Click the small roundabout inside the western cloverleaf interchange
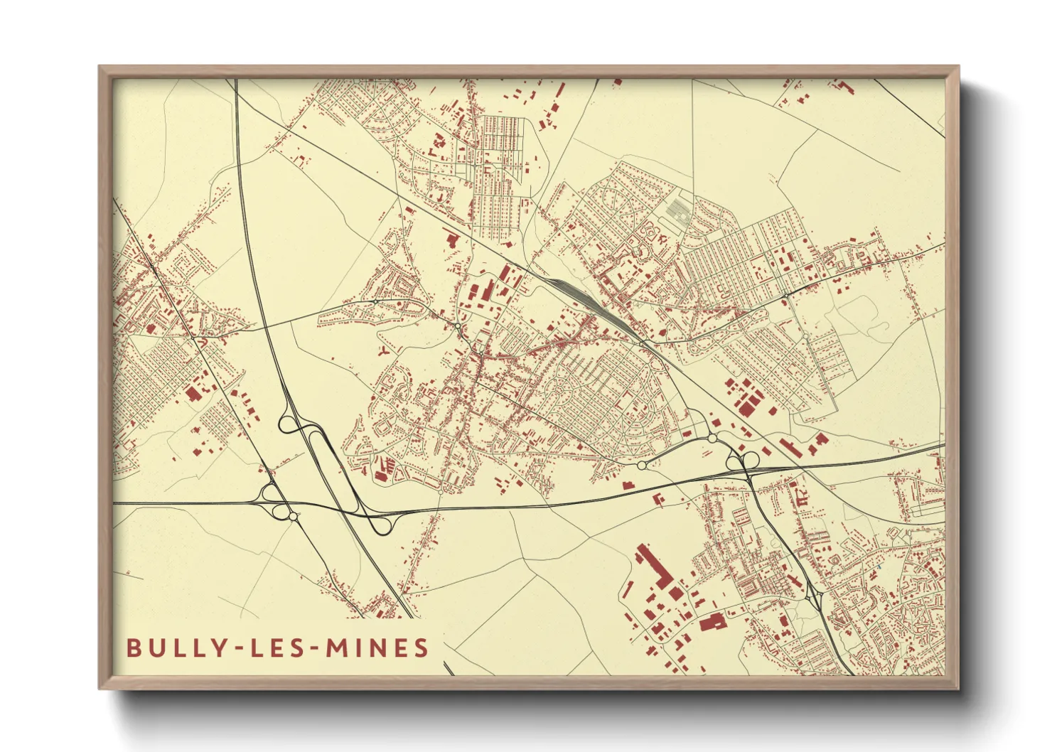click(292, 515)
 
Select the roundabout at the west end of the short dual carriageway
click(642, 465)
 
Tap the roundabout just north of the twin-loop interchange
click(712, 439)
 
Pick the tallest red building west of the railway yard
click(488, 291)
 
